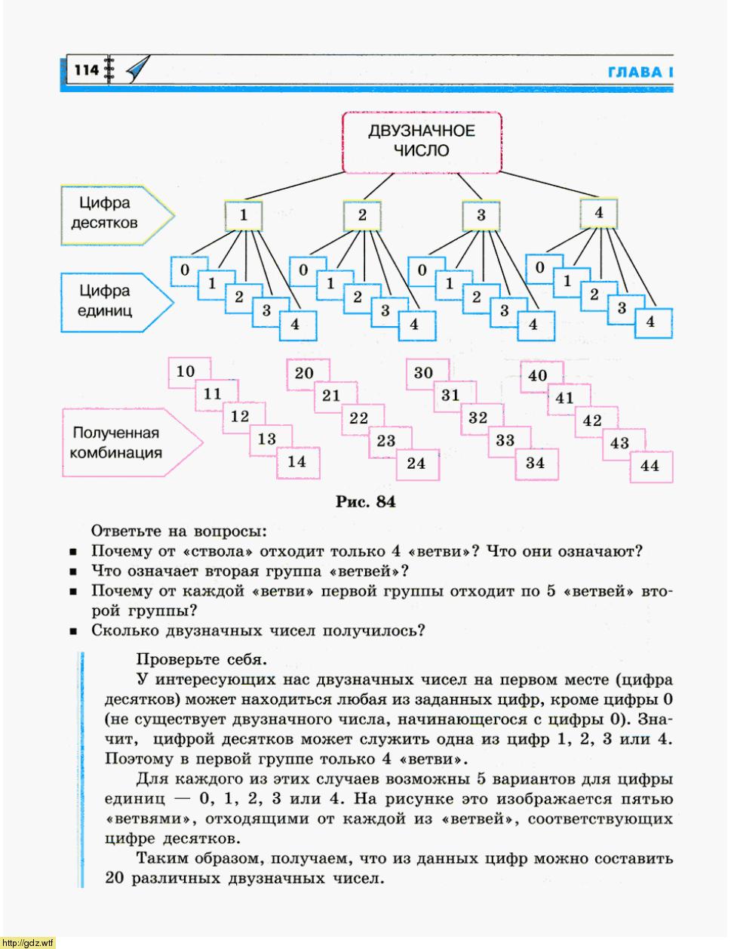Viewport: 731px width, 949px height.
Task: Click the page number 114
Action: click(x=87, y=70)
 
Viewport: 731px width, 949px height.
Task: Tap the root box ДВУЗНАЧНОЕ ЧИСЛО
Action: click(x=422, y=143)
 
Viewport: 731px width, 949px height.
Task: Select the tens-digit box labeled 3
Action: click(x=481, y=215)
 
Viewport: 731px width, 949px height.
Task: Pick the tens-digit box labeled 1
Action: click(x=244, y=215)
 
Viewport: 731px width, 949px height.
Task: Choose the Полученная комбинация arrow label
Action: click(x=132, y=443)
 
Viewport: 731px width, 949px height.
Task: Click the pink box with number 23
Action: click(x=389, y=442)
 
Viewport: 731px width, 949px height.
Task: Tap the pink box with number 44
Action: click(x=651, y=467)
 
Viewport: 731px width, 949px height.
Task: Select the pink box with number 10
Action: click(x=189, y=372)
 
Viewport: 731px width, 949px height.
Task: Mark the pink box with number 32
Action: click(x=482, y=419)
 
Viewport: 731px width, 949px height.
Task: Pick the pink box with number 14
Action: click(x=298, y=463)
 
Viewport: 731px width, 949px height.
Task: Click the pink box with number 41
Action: click(x=569, y=399)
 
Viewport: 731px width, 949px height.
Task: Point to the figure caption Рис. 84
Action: click(x=365, y=501)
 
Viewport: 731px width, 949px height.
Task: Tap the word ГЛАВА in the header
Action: click(x=634, y=72)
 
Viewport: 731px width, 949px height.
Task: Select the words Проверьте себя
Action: click(x=201, y=659)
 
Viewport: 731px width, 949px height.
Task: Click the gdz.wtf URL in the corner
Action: click(x=28, y=942)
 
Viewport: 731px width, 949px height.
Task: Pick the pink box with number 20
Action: click(x=308, y=374)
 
